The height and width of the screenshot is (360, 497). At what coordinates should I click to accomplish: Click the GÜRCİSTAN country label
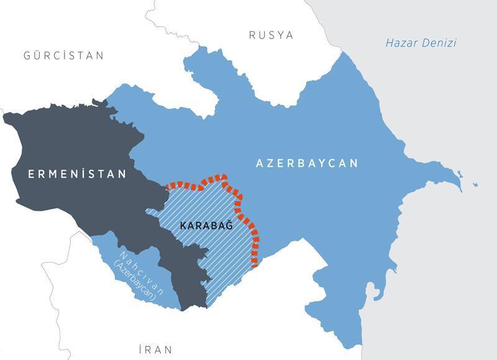[63, 56]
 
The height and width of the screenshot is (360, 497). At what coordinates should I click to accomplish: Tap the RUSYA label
[271, 35]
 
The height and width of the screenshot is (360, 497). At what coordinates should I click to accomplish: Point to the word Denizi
[439, 43]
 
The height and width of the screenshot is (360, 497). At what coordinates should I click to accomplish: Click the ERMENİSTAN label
[77, 174]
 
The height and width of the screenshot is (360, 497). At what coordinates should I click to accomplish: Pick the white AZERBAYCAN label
[307, 163]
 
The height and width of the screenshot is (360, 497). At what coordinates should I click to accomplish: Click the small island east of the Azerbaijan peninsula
[475, 184]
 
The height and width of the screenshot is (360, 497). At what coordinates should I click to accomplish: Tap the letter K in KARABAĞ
[183, 225]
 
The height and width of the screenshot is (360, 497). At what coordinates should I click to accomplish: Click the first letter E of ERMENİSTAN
[31, 174]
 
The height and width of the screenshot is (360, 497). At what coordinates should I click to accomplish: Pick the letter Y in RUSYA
[280, 35]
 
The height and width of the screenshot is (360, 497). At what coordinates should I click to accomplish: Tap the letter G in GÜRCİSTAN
[27, 56]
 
